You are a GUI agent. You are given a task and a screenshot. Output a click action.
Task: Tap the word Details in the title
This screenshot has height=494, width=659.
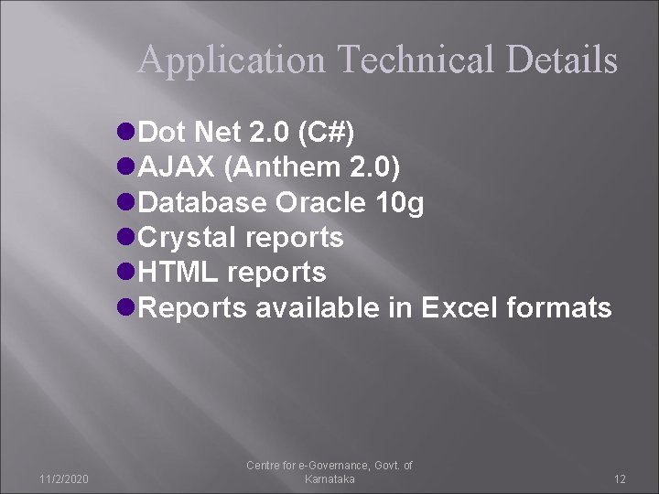[x=561, y=61]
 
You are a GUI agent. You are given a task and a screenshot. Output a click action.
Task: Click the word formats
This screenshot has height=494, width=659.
[x=562, y=308]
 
